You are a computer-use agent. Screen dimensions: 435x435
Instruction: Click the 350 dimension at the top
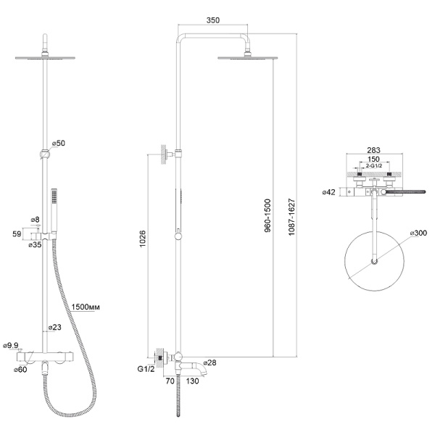pyautogui.click(x=212, y=21)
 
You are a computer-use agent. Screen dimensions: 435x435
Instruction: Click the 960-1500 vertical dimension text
pyautogui.click(x=267, y=220)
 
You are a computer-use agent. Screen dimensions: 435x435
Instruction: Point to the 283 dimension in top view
pyautogui.click(x=374, y=150)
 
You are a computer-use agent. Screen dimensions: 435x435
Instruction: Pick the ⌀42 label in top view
pyautogui.click(x=330, y=192)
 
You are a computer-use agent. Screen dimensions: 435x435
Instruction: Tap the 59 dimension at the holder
pyautogui.click(x=17, y=233)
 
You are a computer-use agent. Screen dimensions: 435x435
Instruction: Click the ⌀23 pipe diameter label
pyautogui.click(x=54, y=328)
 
